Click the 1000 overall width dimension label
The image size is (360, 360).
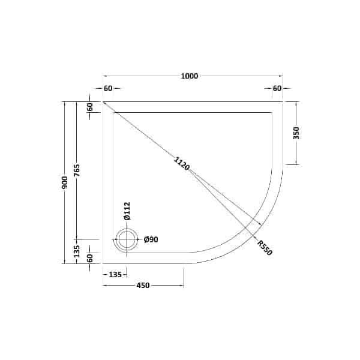click(x=190, y=76)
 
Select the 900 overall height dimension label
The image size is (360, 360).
click(x=65, y=182)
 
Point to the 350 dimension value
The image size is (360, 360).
click(x=296, y=133)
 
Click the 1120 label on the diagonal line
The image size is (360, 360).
click(x=182, y=163)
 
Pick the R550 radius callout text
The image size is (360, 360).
click(x=265, y=247)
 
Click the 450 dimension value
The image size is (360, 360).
click(x=143, y=286)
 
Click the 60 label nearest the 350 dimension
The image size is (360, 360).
click(x=277, y=88)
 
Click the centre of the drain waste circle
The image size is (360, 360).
click(x=127, y=240)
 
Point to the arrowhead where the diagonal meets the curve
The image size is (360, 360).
click(x=262, y=226)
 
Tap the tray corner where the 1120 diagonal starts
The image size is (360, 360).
click(x=104, y=102)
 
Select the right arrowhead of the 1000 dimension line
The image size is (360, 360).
click(x=282, y=76)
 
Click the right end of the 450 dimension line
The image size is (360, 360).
click(x=183, y=286)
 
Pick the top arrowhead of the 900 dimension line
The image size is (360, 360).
click(x=65, y=103)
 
